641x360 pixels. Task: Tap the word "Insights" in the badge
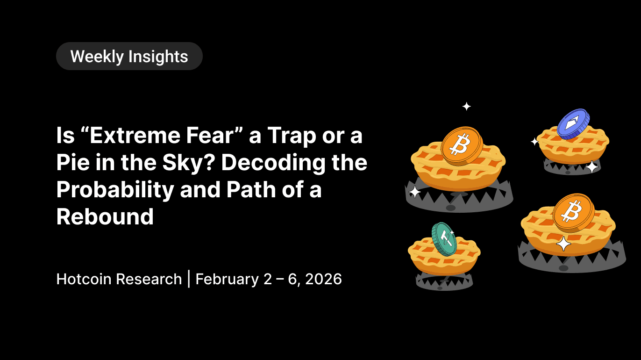158,57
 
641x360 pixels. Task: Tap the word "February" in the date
227,279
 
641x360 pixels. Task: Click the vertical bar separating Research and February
188,279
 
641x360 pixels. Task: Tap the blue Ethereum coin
573,123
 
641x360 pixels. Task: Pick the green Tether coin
443,238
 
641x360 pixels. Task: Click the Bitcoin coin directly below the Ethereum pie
573,213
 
